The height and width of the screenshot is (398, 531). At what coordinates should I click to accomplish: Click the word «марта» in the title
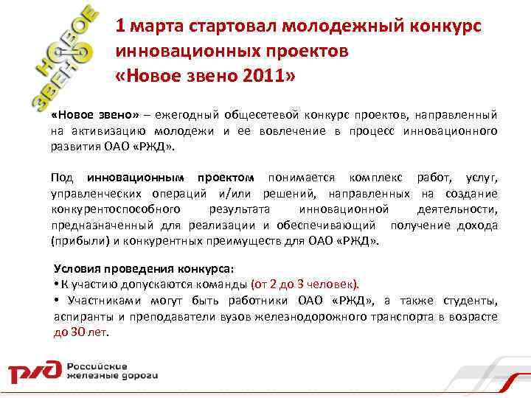pyautogui.click(x=156, y=27)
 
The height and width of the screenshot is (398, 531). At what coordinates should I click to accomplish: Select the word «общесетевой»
pyautogui.click(x=261, y=116)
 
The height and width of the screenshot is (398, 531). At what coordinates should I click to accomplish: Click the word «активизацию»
pyautogui.click(x=101, y=130)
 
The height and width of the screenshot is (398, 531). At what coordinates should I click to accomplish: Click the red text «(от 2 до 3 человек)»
pyautogui.click(x=305, y=284)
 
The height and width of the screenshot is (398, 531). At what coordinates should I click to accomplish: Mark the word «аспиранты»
pyautogui.click(x=82, y=316)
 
